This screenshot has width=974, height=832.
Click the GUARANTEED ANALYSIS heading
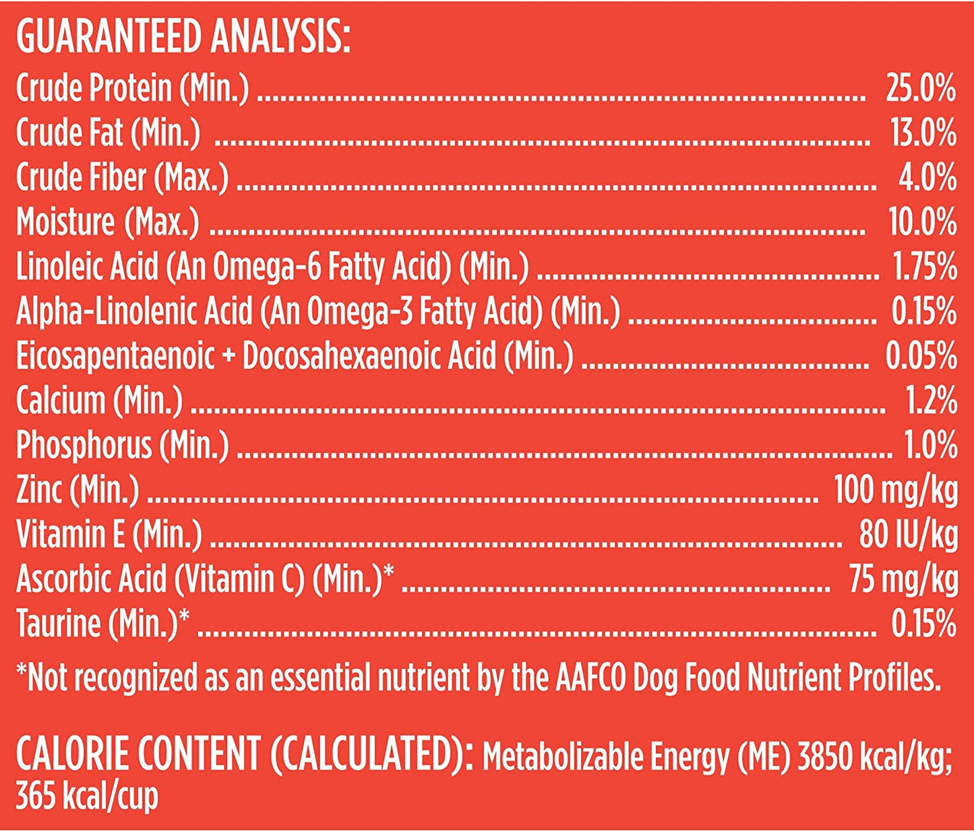(183, 38)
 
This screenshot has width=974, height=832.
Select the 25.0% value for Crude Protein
(921, 89)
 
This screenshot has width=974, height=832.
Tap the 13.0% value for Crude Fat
(923, 133)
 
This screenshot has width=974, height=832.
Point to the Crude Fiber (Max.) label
(122, 178)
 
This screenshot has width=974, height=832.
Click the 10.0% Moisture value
(922, 222)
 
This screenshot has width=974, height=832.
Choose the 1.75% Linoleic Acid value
(925, 267)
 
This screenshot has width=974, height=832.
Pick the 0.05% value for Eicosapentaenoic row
(921, 356)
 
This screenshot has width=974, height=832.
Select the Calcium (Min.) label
(99, 400)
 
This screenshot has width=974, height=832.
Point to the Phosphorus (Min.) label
(122, 445)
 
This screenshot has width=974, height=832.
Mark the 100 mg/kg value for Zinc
(895, 489)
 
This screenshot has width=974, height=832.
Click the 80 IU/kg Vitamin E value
(908, 534)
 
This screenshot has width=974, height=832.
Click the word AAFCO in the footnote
(590, 678)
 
